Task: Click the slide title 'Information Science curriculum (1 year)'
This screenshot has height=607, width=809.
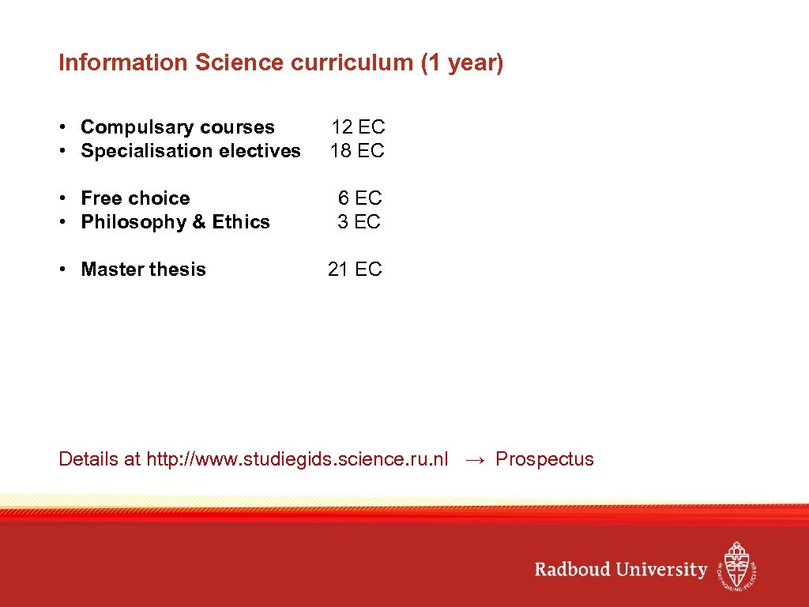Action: click(x=280, y=63)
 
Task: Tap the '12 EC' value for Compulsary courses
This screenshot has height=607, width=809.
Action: click(x=358, y=127)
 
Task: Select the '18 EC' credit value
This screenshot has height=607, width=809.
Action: click(x=357, y=151)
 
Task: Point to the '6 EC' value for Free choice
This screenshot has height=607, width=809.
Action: click(x=360, y=198)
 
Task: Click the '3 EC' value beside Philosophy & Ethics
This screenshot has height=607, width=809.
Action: click(x=359, y=222)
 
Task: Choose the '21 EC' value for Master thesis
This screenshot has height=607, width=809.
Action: click(x=355, y=270)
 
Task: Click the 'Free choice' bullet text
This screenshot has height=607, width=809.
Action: click(x=135, y=198)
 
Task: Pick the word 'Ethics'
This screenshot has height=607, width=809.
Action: click(x=241, y=222)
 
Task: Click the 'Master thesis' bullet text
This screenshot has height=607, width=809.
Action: click(x=143, y=270)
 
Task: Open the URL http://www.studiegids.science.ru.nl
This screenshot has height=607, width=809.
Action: click(x=297, y=459)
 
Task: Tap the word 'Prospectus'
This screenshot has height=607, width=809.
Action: click(x=544, y=459)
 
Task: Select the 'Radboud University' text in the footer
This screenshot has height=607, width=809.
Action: click(x=621, y=570)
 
